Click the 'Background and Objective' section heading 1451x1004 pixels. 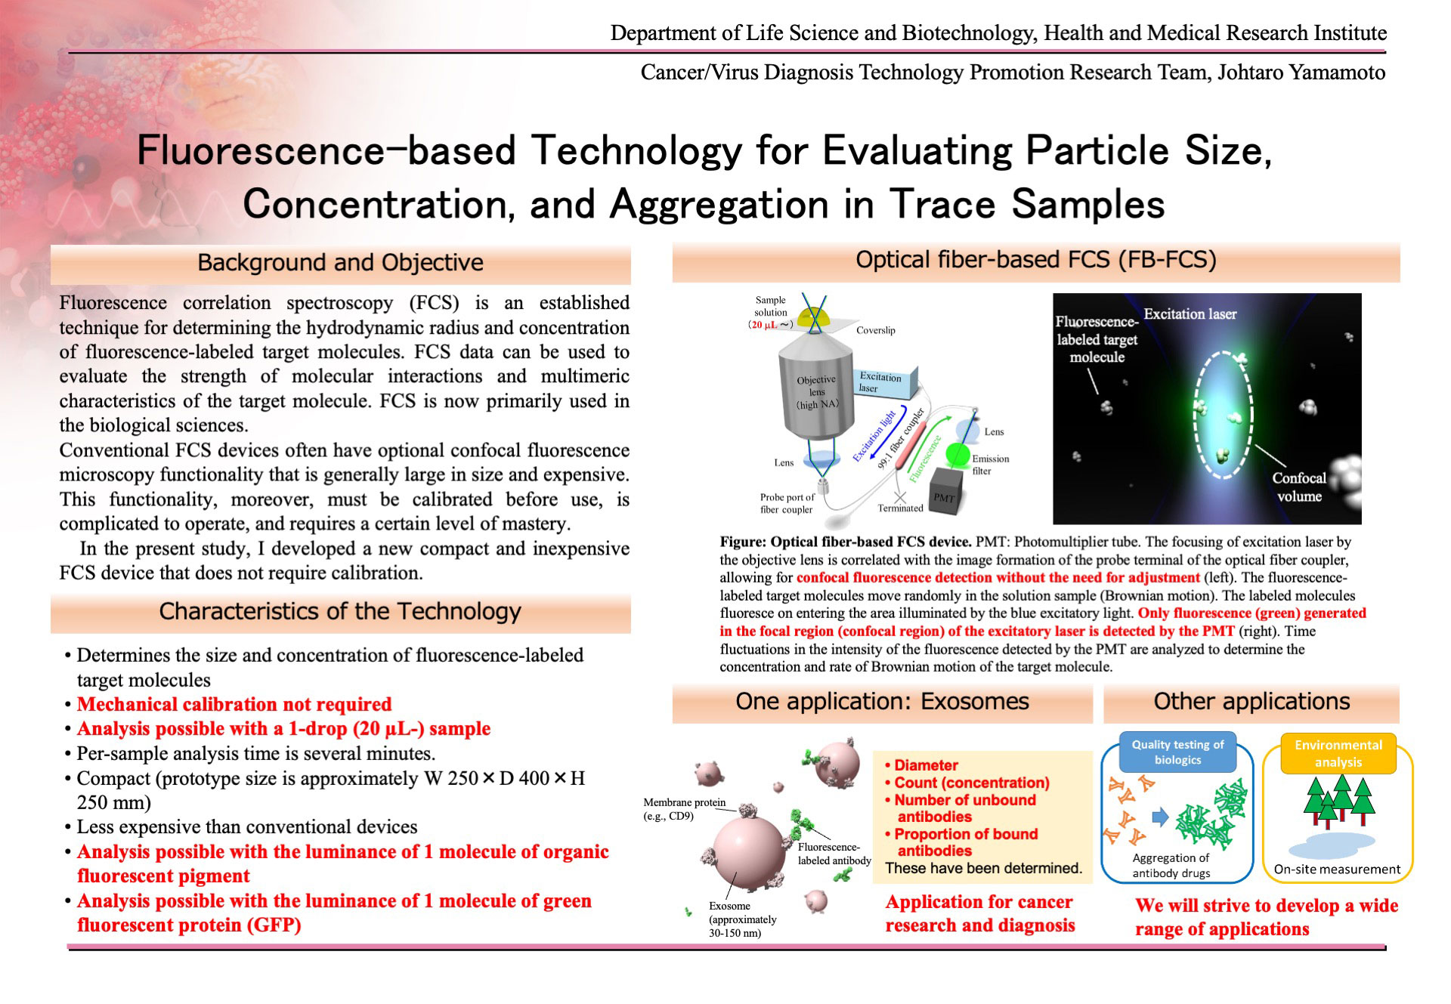point(340,262)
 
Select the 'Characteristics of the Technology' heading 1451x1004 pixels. point(340,611)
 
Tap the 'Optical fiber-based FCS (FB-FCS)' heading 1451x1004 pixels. point(1036,260)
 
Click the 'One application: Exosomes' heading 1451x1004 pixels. point(882,701)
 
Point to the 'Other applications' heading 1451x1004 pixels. point(1251,702)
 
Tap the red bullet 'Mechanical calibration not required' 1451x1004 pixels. point(234,705)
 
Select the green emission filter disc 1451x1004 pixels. point(958,456)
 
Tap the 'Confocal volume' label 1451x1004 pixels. point(1299,487)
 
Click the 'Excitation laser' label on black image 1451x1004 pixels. point(1190,314)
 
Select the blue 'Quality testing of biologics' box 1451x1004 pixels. point(1177,752)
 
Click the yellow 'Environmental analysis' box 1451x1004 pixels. point(1338,754)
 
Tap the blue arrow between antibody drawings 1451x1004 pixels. point(1160,817)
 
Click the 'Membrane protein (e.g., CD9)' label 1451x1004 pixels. point(685,809)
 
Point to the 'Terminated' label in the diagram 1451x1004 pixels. point(900,508)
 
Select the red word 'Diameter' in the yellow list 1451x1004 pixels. point(926,765)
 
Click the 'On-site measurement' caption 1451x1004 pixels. point(1337,870)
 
